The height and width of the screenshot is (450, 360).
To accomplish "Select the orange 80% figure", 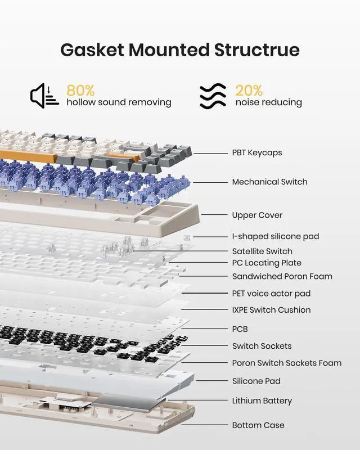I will coord(80,90).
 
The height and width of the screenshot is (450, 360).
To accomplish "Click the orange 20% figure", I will coord(249,90).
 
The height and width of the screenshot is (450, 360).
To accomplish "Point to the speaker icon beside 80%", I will coord(44,95).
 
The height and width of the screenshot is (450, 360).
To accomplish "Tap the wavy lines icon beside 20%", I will coord(213,96).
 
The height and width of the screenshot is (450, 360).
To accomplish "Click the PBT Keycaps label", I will coord(256,152).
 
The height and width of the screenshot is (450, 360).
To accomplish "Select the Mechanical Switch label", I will coord(269,182).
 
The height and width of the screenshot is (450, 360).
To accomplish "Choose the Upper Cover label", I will coord(257,215).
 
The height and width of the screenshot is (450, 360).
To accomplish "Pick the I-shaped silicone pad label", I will coord(275,237).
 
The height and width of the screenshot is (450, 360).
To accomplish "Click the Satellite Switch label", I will coord(262,251).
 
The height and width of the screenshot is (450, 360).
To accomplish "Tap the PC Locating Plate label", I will coord(267,263).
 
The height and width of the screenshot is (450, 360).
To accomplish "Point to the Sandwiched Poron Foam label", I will coord(282,276).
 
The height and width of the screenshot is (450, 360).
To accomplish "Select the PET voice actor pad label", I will coord(271,293).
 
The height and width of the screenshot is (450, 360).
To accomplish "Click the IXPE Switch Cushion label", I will coord(271,310).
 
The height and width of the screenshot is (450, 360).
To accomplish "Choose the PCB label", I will coord(240,329).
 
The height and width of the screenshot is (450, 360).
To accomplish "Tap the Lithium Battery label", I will coord(262,401).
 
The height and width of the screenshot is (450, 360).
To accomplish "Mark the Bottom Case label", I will coord(258,425).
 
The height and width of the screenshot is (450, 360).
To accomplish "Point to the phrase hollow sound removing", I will coord(119,102).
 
